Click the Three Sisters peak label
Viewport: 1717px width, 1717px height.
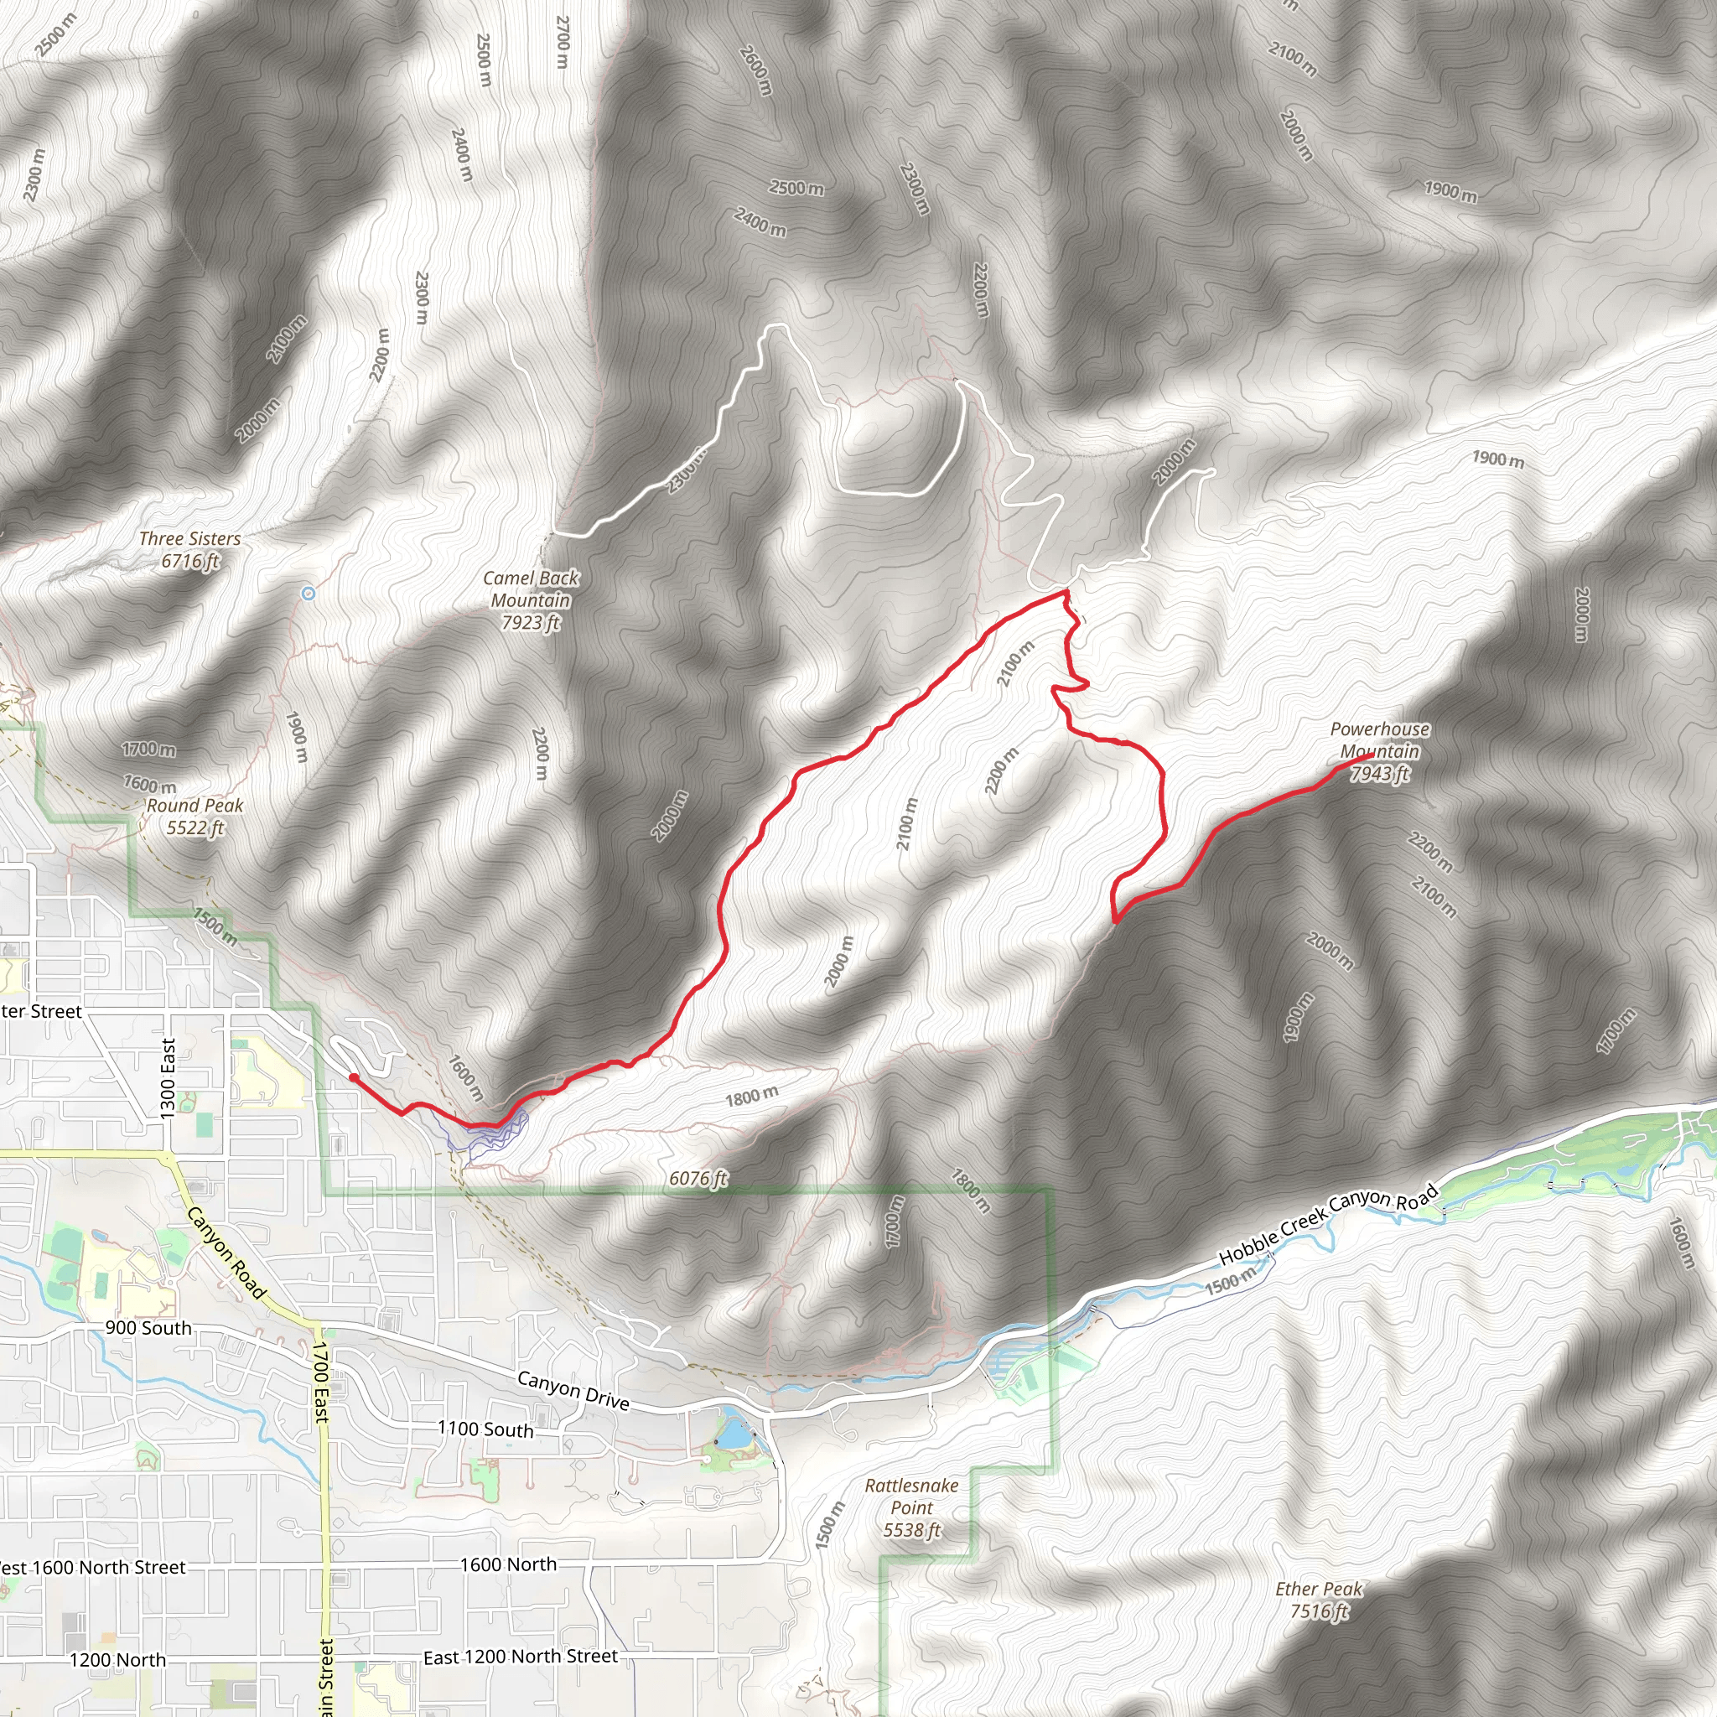coord(190,549)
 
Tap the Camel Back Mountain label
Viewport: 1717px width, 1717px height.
coord(531,600)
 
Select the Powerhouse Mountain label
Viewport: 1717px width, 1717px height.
coord(1379,751)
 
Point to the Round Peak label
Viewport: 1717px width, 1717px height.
coord(195,816)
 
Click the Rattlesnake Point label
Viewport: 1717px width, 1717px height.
coord(912,1507)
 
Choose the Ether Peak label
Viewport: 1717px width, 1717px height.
coord(1319,1600)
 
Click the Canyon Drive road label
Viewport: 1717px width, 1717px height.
coord(573,1390)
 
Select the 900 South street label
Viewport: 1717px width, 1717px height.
coord(148,1328)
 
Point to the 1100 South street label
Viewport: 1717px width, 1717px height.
coord(485,1429)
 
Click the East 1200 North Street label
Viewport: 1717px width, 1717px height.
coord(520,1657)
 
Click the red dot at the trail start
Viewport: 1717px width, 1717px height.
coord(354,1078)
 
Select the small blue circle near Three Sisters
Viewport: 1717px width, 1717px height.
coord(309,594)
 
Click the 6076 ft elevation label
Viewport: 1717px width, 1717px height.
coord(698,1179)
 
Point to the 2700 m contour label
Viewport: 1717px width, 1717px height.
coord(562,42)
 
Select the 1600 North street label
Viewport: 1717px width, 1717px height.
coord(508,1564)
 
